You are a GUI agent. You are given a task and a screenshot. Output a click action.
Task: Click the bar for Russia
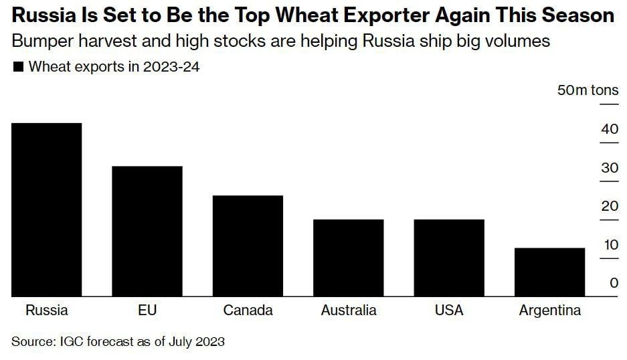click(x=47, y=209)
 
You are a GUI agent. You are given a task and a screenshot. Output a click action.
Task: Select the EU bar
click(x=147, y=231)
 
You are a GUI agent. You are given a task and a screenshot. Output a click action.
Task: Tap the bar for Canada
click(x=248, y=246)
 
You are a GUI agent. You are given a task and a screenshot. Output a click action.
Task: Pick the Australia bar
click(x=349, y=258)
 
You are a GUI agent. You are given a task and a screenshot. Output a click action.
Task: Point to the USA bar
click(x=449, y=258)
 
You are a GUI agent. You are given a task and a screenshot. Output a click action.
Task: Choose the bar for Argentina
click(x=549, y=272)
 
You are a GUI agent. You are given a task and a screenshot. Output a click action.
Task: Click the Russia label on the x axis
click(x=47, y=310)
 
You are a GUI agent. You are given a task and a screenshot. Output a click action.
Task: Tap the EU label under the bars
click(x=147, y=310)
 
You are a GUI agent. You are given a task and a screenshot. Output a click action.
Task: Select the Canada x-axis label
click(x=248, y=310)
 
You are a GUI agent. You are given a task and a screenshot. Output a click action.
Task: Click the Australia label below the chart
click(x=349, y=310)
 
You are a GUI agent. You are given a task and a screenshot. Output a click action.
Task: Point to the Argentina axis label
click(x=550, y=310)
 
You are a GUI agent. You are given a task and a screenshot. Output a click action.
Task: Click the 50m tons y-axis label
click(x=588, y=90)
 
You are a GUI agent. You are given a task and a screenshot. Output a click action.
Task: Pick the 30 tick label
click(x=609, y=167)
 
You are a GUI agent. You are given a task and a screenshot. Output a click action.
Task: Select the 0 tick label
click(x=614, y=283)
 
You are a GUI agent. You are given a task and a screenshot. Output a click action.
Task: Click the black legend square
click(x=18, y=67)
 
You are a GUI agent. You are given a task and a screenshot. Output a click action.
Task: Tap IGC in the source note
click(x=70, y=341)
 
